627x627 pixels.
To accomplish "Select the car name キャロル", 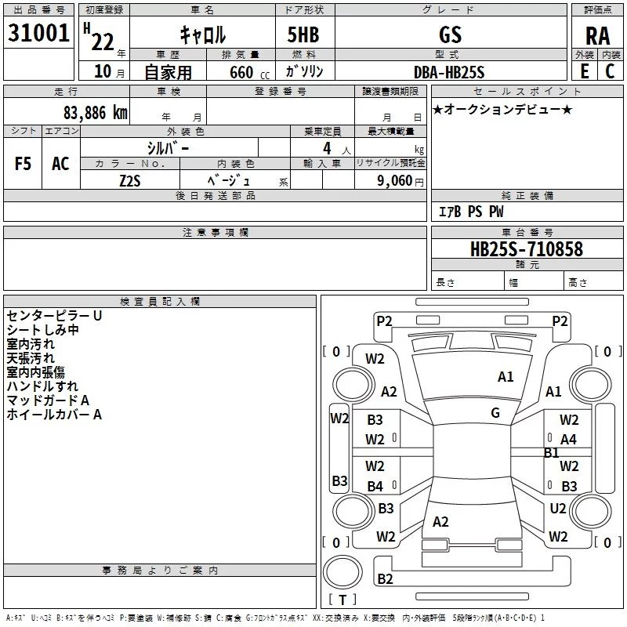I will [x=203, y=34].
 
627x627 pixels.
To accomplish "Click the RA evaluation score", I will [x=597, y=35].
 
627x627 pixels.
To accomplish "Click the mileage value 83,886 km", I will [x=95, y=113].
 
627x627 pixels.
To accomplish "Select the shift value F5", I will [x=23, y=164].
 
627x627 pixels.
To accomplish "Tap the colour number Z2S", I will [x=129, y=179].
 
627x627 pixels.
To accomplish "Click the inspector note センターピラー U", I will [x=54, y=315].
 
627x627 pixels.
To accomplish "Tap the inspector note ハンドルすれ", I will [x=42, y=386].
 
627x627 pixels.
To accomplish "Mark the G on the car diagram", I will [x=495, y=413].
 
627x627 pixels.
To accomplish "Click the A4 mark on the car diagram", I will [x=568, y=440].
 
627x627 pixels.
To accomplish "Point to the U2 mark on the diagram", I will [x=557, y=509].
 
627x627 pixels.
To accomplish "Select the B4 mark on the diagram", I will [x=375, y=487].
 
